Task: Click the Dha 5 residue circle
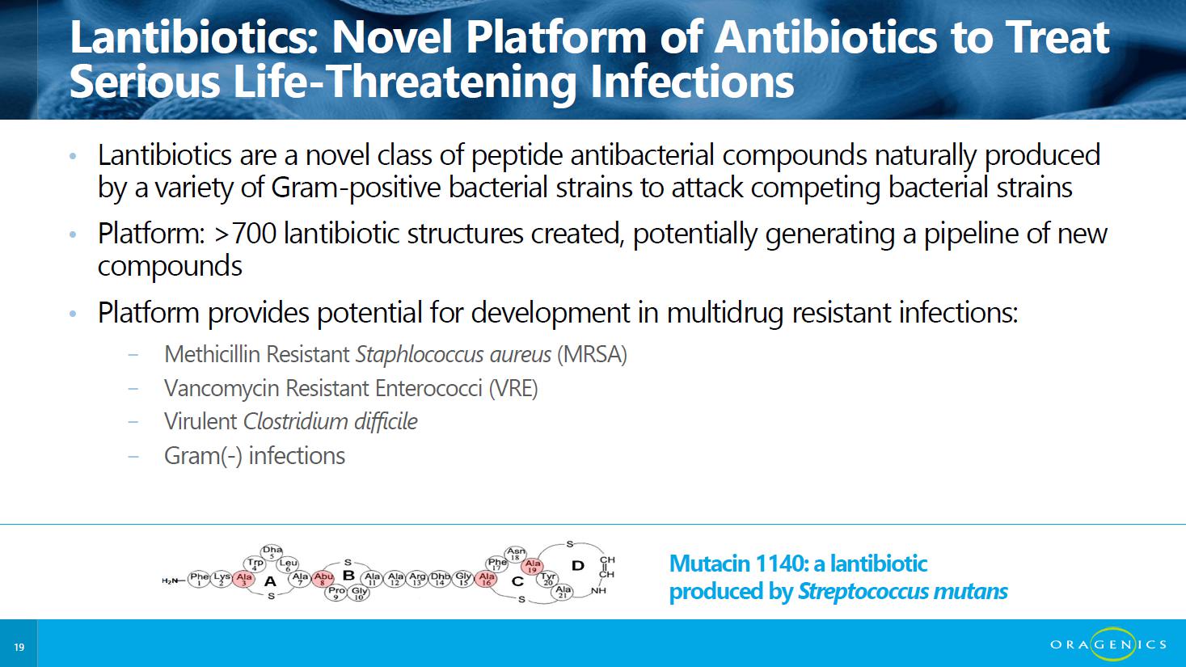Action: [x=272, y=552]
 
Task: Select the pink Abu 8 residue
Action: [x=323, y=579]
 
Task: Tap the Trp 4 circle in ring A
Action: [x=255, y=564]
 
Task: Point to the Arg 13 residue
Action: [x=417, y=579]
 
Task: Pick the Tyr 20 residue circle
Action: [x=548, y=579]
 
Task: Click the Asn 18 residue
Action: [x=515, y=554]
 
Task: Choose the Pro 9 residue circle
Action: [x=336, y=592]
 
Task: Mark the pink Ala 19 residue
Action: [x=532, y=566]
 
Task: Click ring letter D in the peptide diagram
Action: [x=578, y=566]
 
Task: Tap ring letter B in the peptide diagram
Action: [x=348, y=576]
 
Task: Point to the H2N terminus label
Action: [x=170, y=580]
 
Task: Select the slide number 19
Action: [x=19, y=647]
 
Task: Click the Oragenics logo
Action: [x=1108, y=644]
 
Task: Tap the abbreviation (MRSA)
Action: [x=592, y=354]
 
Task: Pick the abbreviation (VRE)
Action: [x=513, y=388]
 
